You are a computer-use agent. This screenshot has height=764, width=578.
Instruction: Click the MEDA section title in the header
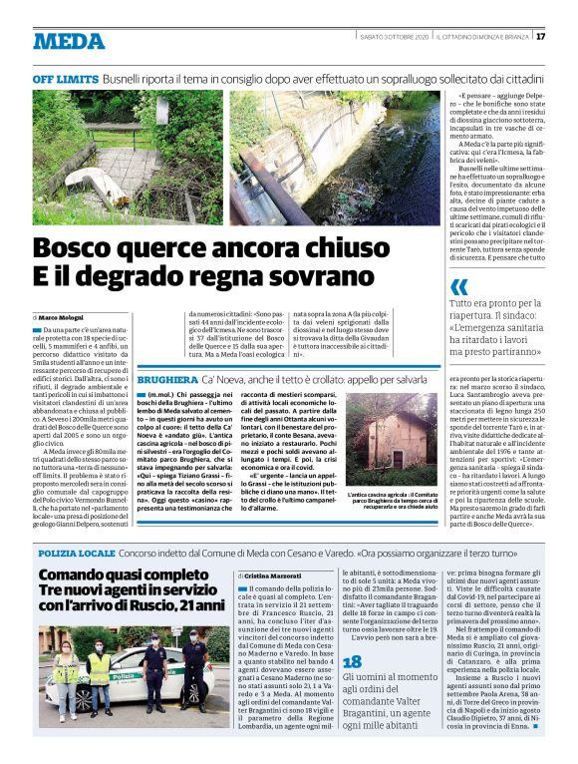tap(69, 41)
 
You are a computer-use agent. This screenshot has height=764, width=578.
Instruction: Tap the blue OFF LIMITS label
tap(64, 78)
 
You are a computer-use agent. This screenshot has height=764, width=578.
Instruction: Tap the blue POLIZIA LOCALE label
tap(76, 552)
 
